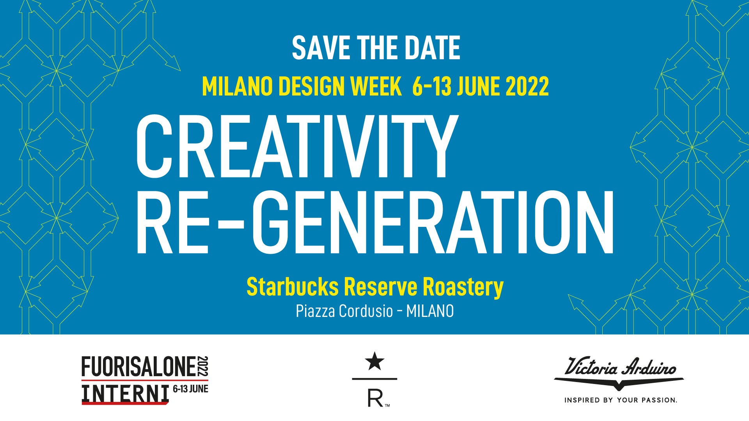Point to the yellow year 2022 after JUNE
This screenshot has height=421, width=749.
click(x=527, y=86)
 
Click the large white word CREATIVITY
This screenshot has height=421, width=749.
click(x=297, y=146)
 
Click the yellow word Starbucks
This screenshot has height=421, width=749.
click(x=293, y=287)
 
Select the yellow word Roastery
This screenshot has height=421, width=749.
click(x=463, y=288)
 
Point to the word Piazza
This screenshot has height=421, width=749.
click(x=315, y=311)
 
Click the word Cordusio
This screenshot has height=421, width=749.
click(x=366, y=311)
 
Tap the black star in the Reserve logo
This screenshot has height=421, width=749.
click(x=374, y=361)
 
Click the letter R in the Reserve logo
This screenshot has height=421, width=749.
click(x=375, y=398)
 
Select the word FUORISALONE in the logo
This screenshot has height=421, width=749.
click(x=138, y=367)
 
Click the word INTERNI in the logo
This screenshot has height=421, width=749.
click(x=125, y=394)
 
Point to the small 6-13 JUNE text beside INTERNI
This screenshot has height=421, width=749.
click(x=190, y=389)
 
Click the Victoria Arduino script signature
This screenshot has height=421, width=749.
click(x=620, y=367)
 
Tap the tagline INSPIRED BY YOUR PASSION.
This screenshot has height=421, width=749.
click(x=621, y=400)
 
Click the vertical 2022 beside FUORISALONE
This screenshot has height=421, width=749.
click(x=203, y=366)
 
